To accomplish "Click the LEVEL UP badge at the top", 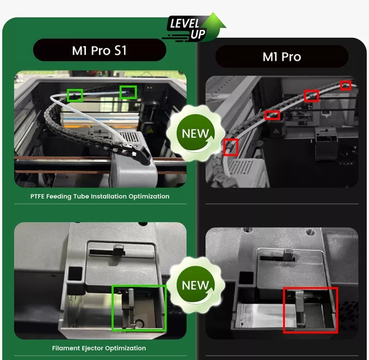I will pyautogui.click(x=195, y=28).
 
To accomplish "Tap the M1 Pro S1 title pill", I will pyautogui.click(x=99, y=50).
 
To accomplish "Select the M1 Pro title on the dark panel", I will pyautogui.click(x=282, y=57).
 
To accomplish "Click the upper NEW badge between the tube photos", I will pyautogui.click(x=196, y=133).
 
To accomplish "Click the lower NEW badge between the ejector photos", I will pyautogui.click(x=196, y=285).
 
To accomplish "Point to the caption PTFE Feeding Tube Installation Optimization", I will pyautogui.click(x=100, y=196).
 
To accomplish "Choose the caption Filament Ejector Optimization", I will pyautogui.click(x=99, y=348).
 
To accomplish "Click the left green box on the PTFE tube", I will pyautogui.click(x=74, y=96).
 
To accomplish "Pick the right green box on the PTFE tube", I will pyautogui.click(x=128, y=92).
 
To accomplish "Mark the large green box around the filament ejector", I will pyautogui.click(x=139, y=308).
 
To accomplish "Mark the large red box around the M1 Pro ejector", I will pyautogui.click(x=310, y=310).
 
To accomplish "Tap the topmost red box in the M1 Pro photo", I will pyautogui.click(x=345, y=85).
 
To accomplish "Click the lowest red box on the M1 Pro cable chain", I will pyautogui.click(x=231, y=147).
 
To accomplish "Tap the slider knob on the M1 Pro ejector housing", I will pyautogui.click(x=289, y=255).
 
